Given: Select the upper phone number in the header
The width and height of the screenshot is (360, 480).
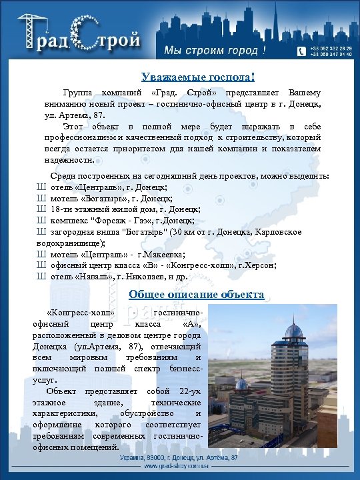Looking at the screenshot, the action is click(332, 50).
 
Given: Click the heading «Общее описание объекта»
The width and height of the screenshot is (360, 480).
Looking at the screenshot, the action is click(197, 294).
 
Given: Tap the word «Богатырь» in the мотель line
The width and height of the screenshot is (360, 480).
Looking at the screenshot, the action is click(90, 199).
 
